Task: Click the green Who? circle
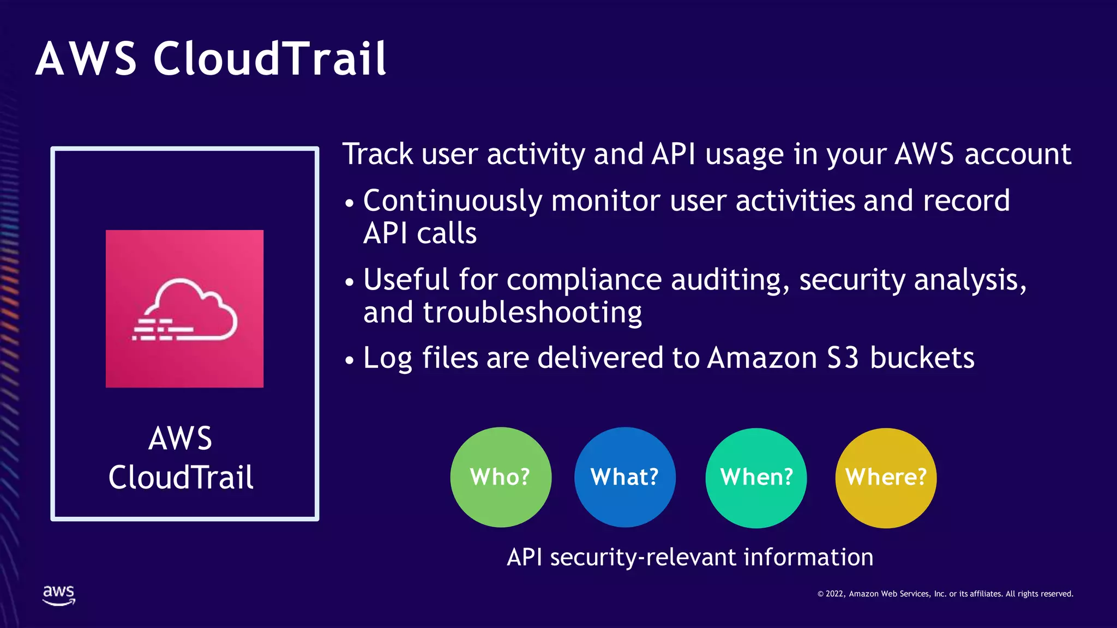pyautogui.click(x=501, y=478)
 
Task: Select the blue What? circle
pyautogui.click(x=624, y=478)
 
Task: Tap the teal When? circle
pyautogui.click(x=756, y=478)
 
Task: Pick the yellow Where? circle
pyautogui.click(x=886, y=478)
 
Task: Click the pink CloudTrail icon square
pyautogui.click(x=184, y=309)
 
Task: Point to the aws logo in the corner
pyautogui.click(x=59, y=595)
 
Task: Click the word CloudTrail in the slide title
pyautogui.click(x=269, y=58)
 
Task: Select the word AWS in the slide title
pyautogui.click(x=86, y=58)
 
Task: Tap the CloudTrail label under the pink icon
pyautogui.click(x=181, y=478)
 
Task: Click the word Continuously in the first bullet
pyautogui.click(x=452, y=201)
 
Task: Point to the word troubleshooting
pyautogui.click(x=532, y=313)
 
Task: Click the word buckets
pyautogui.click(x=922, y=358)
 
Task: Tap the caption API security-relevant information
pyautogui.click(x=690, y=557)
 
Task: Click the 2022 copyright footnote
pyautogui.click(x=945, y=594)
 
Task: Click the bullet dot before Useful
pyautogui.click(x=350, y=282)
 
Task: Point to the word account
pyautogui.click(x=1018, y=154)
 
